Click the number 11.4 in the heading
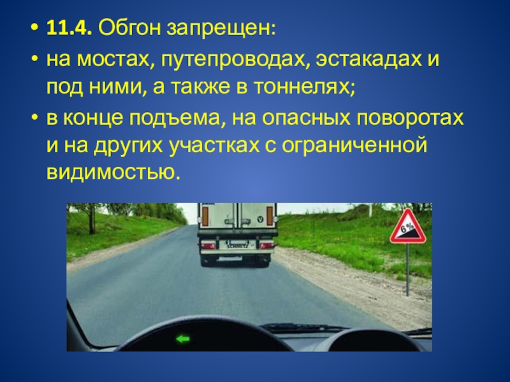coord(68,28)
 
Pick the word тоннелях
coord(304,87)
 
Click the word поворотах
coord(410,118)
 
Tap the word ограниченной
coord(354,146)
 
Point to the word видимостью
coord(113,171)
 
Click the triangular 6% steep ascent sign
coord(408,227)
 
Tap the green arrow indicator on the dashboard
coord(183,339)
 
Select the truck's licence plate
coord(237,244)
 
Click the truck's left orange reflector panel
coord(205,216)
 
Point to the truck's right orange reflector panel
coord(270,216)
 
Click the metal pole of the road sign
coord(407,269)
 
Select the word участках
coord(214,146)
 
